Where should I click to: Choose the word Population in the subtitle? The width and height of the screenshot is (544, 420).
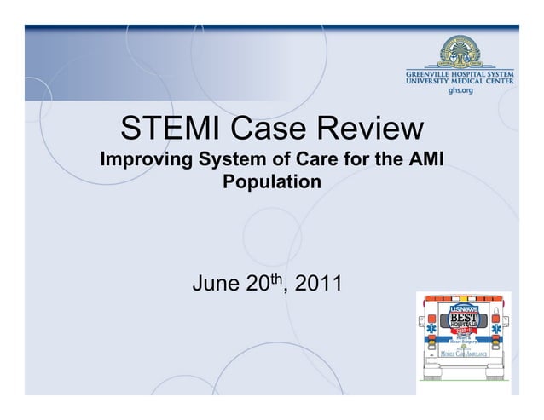[x=272, y=182]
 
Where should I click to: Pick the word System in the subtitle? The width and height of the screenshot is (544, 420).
[x=231, y=160]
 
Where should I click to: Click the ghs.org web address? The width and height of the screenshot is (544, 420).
[x=460, y=89]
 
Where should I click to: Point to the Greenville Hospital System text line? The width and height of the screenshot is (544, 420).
[x=460, y=73]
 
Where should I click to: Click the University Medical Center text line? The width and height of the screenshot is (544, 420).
[x=460, y=81]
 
